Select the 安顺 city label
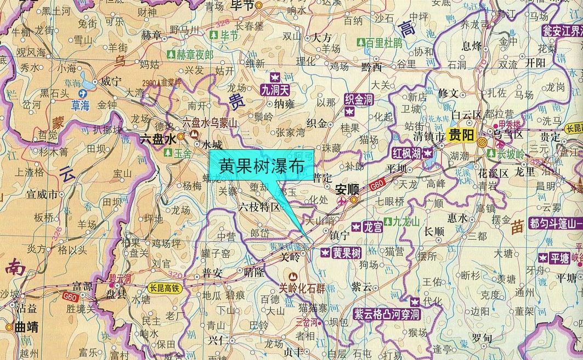pos(347,188)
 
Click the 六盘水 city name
pos(157,139)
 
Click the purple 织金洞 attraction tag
pos(358,99)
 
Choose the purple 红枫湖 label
pos(406,153)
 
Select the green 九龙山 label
pos(405,222)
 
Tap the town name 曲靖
pos(26,327)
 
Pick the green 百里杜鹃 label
pos(383,42)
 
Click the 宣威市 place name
pos(42,194)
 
